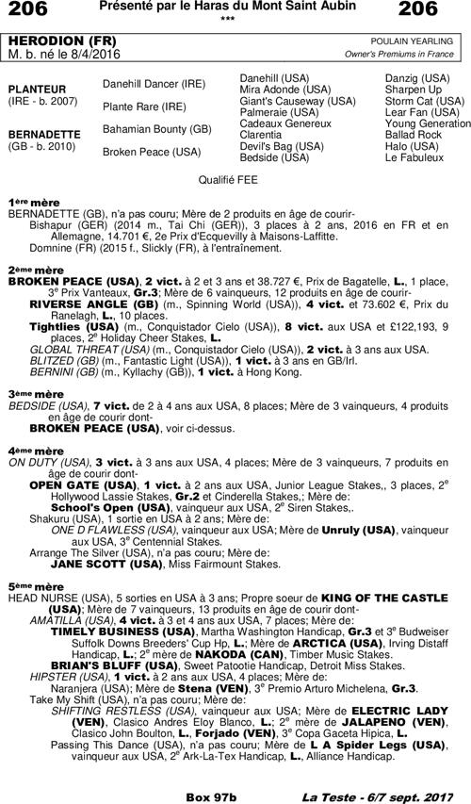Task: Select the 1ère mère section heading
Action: point(29,203)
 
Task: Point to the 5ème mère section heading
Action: point(29,586)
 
